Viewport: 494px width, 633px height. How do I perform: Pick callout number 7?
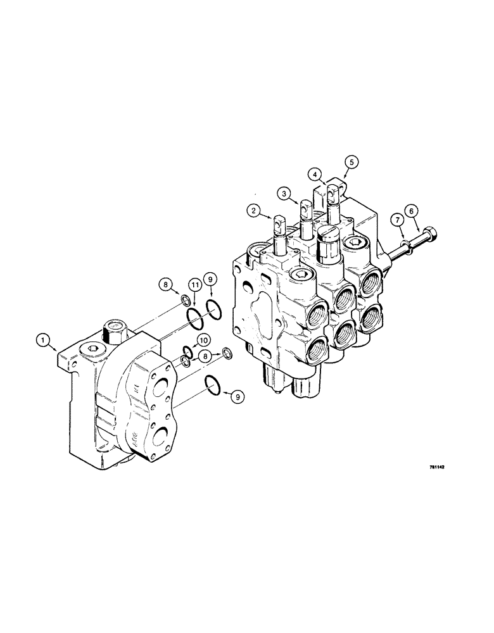tap(397, 220)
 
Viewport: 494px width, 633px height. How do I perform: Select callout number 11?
tap(195, 287)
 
